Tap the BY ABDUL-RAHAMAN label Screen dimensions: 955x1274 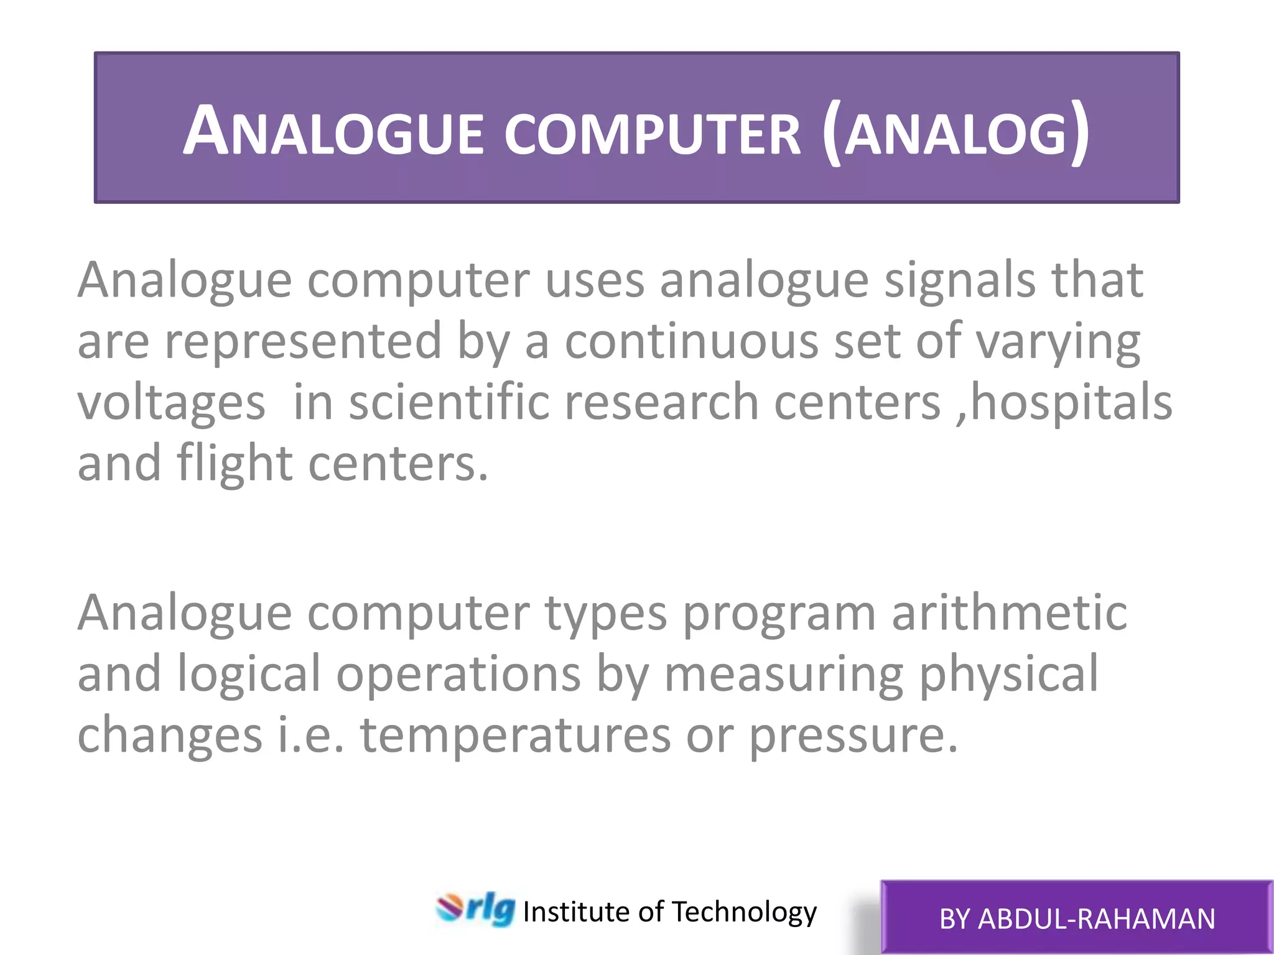[1077, 919]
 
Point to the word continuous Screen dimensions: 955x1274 [691, 341]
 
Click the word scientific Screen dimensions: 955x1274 [449, 402]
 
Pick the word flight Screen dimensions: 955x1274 [235, 464]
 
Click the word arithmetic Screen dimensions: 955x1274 [1009, 613]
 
